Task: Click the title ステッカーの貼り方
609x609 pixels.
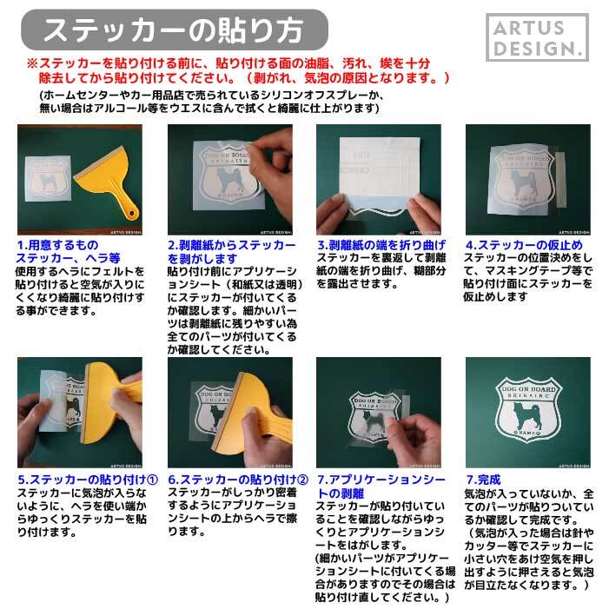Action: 174,30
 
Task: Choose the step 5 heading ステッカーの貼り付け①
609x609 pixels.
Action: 87,480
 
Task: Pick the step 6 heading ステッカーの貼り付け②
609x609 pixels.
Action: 237,480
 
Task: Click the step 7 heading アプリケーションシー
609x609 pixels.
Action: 381,480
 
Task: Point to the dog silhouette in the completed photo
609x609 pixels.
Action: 527,412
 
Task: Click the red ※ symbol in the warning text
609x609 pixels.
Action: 32,64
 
